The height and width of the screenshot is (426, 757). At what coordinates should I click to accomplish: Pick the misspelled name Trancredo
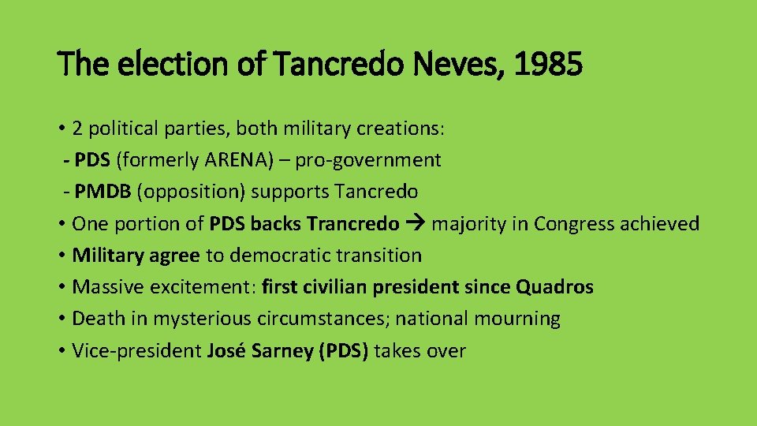coord(353,224)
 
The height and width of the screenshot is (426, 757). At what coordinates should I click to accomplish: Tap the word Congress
coord(574,224)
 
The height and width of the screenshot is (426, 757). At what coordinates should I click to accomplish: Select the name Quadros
coord(554,287)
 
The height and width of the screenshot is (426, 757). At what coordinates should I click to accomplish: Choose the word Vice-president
coord(137,351)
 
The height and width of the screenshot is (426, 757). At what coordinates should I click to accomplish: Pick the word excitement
coord(201,287)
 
